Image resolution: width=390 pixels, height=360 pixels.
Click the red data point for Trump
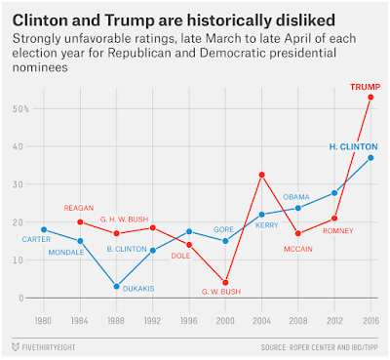pos(370,98)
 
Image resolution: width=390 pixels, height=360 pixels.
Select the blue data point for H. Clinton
pos(370,158)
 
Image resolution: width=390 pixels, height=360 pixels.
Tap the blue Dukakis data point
pos(116,287)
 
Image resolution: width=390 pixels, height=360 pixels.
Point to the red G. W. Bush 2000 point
pos(225,283)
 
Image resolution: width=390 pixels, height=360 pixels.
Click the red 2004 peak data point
pos(261,175)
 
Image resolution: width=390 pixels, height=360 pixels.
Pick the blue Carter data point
pos(44,229)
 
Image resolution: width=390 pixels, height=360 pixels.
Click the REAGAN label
pos(79,208)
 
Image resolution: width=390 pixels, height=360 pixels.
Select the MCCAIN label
pos(298,249)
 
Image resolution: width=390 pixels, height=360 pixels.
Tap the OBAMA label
pos(296,197)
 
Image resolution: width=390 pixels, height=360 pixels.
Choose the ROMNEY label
pos(338,231)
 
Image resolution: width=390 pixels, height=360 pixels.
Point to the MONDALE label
pos(66,253)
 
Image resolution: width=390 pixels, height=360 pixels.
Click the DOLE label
pos(180,256)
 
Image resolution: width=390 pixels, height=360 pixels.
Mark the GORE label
pos(223,229)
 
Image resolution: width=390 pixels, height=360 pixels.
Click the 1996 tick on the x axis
pos(189,321)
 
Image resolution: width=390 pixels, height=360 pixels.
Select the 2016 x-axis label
pos(370,321)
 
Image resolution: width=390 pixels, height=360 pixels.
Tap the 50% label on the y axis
pos(20,109)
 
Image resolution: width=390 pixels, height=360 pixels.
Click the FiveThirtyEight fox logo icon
pos(16,347)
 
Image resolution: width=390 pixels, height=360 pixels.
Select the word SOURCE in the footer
pos(273,347)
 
